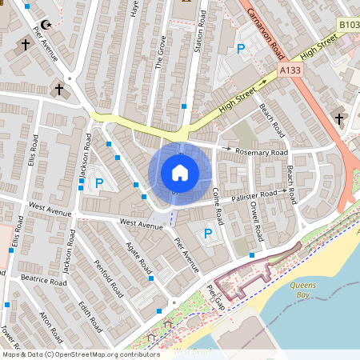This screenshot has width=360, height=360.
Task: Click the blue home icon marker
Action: click(180, 173)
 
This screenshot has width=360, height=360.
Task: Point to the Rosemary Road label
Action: click(262, 152)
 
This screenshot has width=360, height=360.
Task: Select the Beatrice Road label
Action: click(43, 282)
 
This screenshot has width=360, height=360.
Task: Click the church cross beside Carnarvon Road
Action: click(339, 120)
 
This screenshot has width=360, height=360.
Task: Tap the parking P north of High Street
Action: click(241, 50)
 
